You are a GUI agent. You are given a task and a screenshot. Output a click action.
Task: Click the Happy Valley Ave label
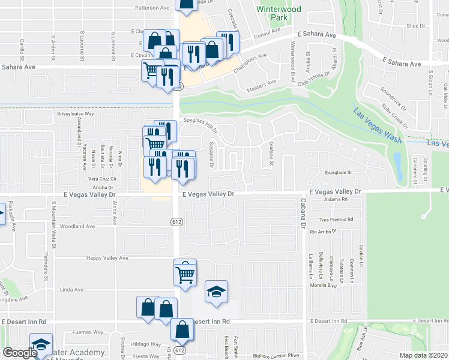pos(107,258)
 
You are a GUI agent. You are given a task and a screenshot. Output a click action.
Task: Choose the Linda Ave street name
pos(71,289)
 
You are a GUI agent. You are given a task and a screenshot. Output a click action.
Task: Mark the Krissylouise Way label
pos(76,113)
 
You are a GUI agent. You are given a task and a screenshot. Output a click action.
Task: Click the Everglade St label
pos(337,172)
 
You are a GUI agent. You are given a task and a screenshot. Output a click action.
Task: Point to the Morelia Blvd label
pos(340,286)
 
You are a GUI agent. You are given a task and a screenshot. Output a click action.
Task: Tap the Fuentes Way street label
pos(88,331)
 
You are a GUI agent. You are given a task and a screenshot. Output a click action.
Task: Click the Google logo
pos(20,353)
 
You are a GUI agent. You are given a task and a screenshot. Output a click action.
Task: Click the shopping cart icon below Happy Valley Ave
pos(185,274)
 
